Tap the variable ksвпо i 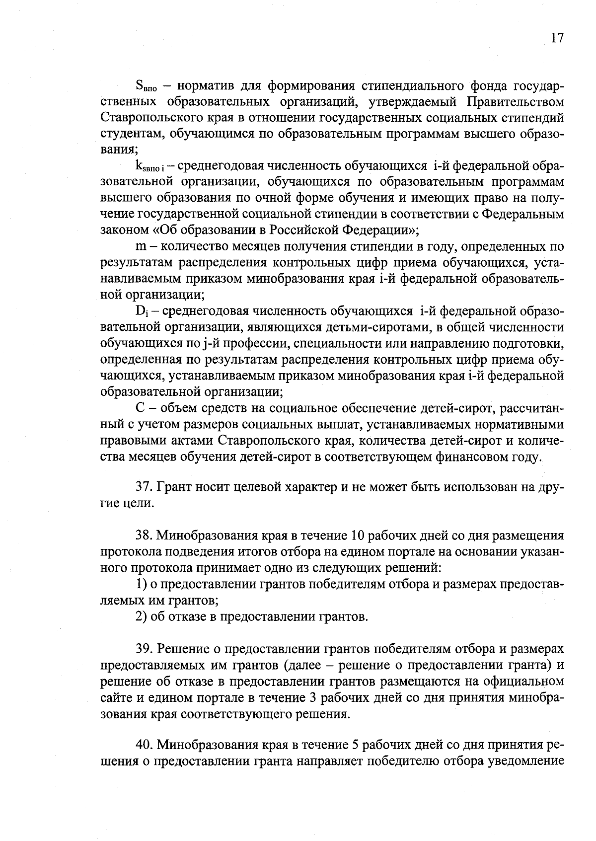tap(151, 166)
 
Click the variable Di tap(141, 311)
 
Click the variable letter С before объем tap(140, 408)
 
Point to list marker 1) tap(141, 584)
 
